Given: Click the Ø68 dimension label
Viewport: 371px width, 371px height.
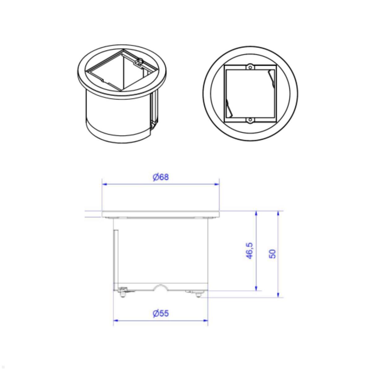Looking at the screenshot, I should (161, 177).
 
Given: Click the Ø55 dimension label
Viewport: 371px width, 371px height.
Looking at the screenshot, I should (161, 313).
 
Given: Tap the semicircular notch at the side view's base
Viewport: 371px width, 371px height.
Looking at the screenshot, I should (161, 287).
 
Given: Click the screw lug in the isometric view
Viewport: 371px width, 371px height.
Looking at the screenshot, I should (140, 62).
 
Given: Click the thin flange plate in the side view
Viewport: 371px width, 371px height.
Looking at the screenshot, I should (161, 214).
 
